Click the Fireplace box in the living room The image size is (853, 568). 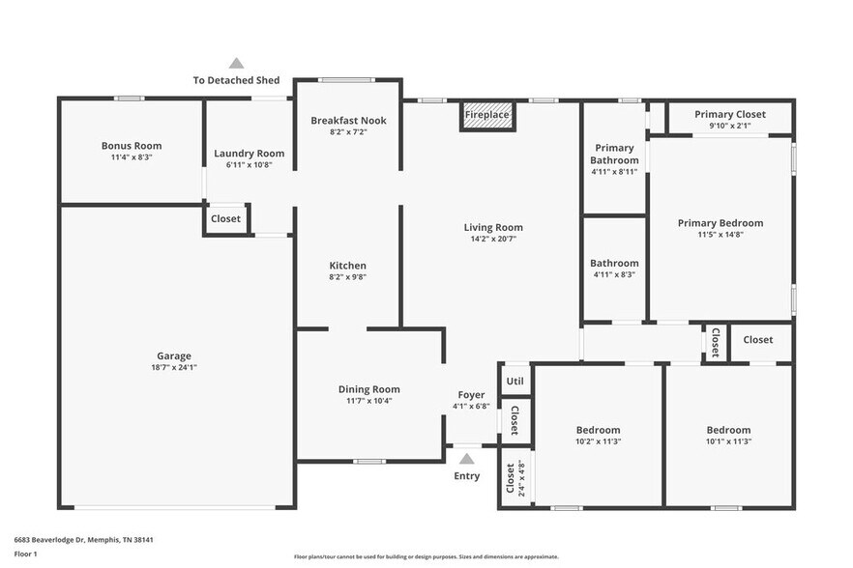[x=486, y=115]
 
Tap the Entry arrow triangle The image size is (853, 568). [x=467, y=459]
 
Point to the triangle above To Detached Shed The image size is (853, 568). [x=236, y=64]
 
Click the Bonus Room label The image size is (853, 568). [x=132, y=146]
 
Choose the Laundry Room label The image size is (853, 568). [x=249, y=154]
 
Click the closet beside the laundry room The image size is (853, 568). [x=225, y=219]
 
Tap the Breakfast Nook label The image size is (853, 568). [x=348, y=121]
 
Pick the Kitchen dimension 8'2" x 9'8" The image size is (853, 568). [x=348, y=276]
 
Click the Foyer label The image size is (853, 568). [x=471, y=395]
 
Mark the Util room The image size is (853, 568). [x=515, y=381]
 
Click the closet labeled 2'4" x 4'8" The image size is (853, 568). [x=513, y=477]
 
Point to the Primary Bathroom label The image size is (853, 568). [x=614, y=155]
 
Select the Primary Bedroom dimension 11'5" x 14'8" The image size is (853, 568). [x=720, y=234]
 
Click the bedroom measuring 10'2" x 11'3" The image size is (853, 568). [x=598, y=436]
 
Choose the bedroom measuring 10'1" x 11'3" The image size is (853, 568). [x=727, y=436]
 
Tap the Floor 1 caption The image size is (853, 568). [x=25, y=554]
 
